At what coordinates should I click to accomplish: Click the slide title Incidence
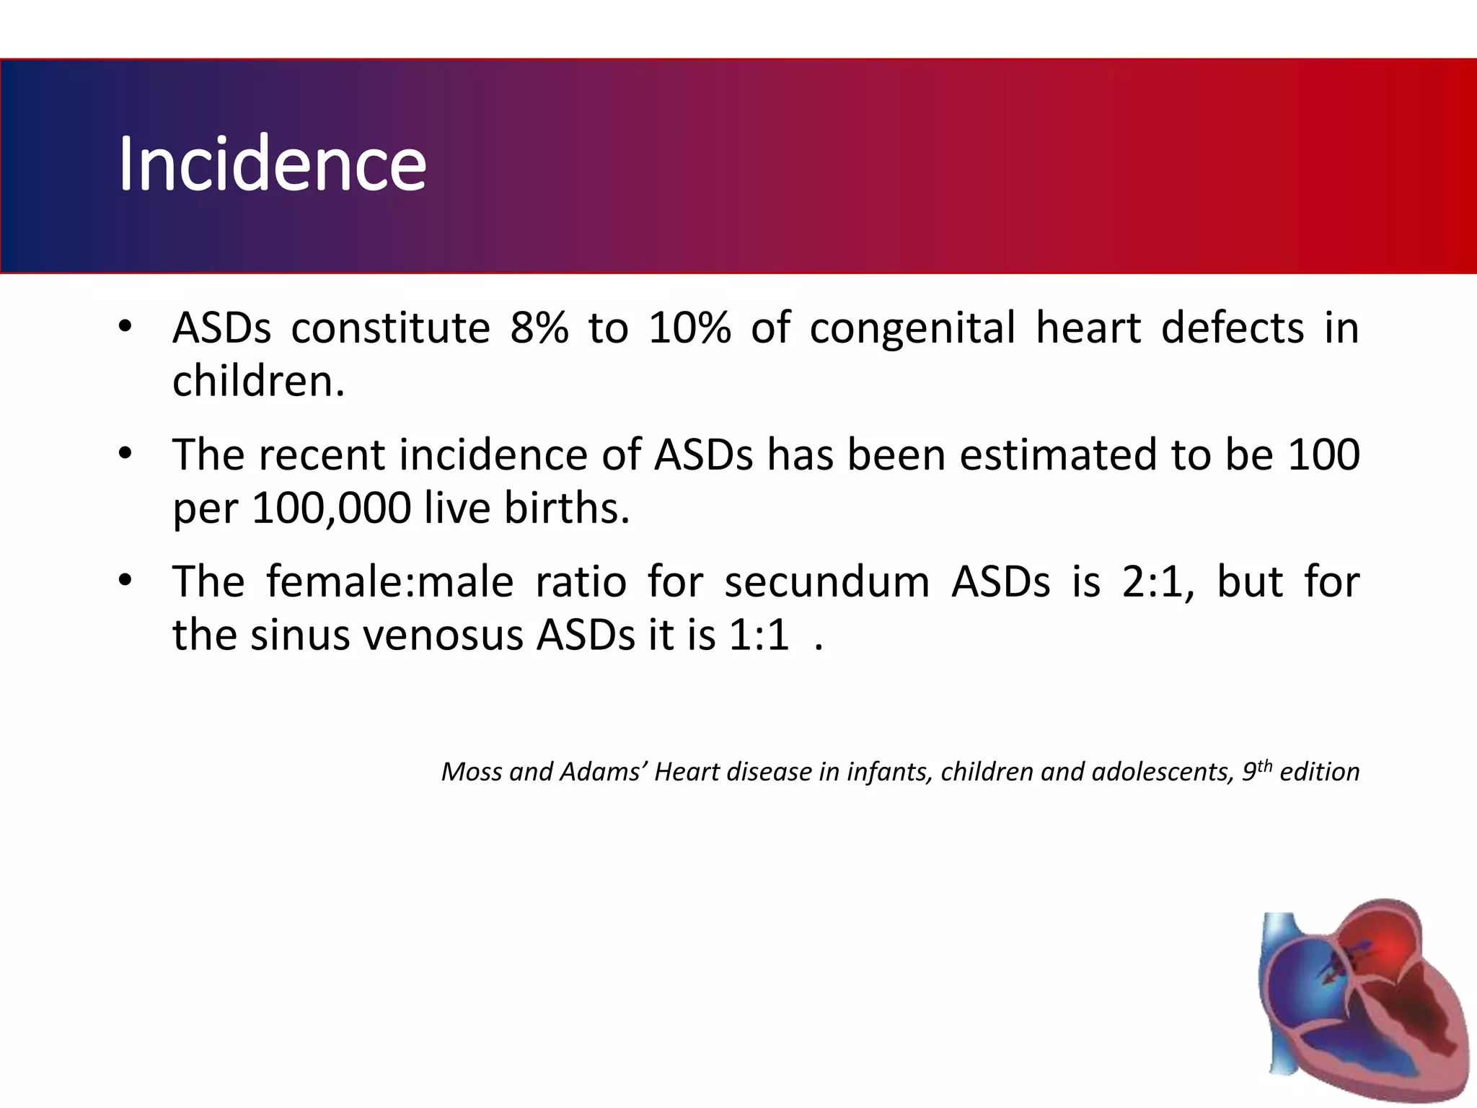(x=272, y=164)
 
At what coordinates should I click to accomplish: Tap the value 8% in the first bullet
(x=539, y=328)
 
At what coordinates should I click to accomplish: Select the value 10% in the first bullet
(x=689, y=328)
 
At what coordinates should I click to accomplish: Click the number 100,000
(x=331, y=509)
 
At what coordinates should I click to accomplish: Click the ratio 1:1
(x=759, y=636)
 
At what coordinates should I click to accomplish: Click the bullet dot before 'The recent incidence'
(x=125, y=454)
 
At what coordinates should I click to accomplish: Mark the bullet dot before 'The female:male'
(x=125, y=580)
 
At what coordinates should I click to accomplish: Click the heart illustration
(x=1363, y=1003)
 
